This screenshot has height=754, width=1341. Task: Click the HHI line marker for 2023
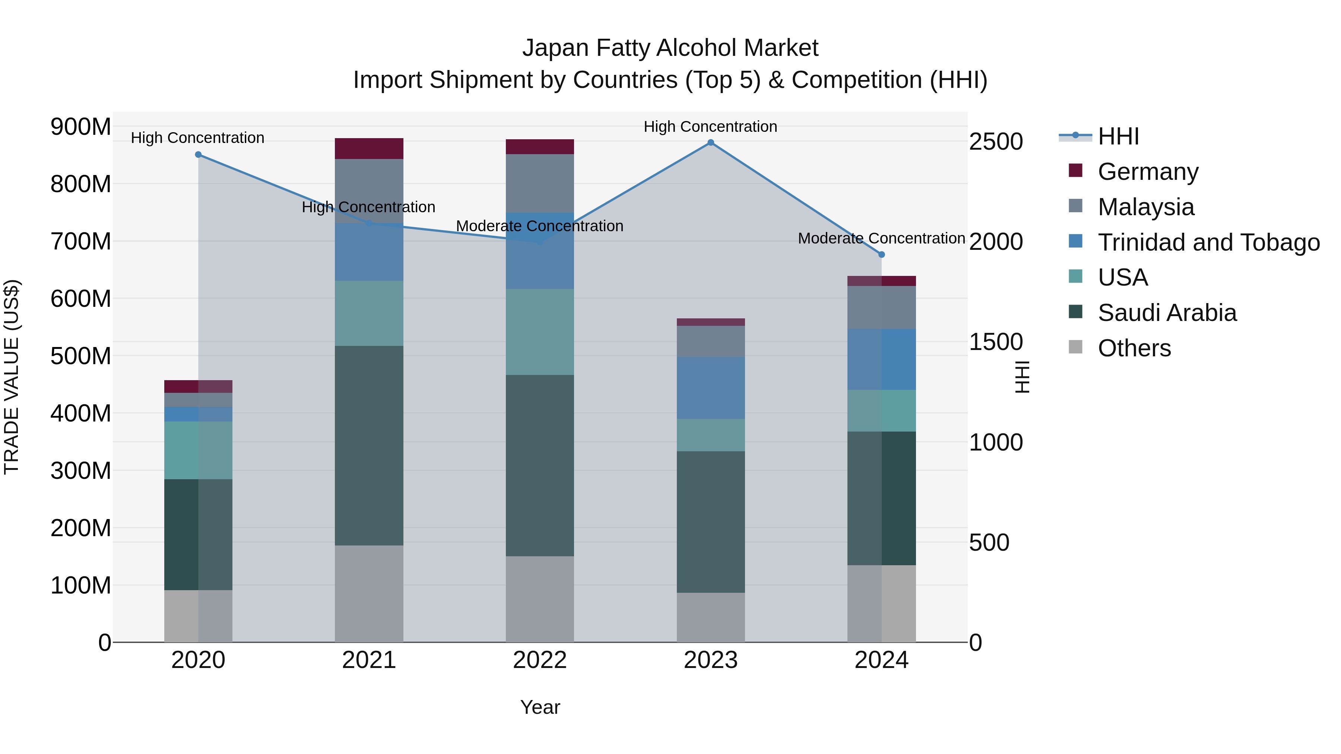click(x=711, y=143)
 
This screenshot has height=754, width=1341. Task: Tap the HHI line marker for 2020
click(x=198, y=155)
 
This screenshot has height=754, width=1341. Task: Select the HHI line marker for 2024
click(x=881, y=254)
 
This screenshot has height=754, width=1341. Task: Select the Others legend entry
click(x=1134, y=348)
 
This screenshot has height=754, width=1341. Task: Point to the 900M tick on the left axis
click(x=81, y=127)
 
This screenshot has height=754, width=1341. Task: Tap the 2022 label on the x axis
click(x=540, y=660)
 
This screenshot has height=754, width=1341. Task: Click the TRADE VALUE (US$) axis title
click(x=12, y=377)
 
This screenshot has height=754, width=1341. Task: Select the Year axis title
click(x=540, y=707)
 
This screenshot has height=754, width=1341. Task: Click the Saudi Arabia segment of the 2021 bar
click(x=369, y=445)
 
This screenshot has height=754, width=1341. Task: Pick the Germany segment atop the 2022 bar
click(x=540, y=147)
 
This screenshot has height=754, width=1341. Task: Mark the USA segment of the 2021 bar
click(x=369, y=313)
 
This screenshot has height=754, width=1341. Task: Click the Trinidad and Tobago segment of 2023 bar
click(x=711, y=388)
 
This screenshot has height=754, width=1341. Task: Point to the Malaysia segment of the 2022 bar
click(x=540, y=183)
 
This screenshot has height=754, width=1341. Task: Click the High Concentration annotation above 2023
click(x=711, y=127)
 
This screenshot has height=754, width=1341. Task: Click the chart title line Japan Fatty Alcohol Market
click(x=670, y=48)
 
